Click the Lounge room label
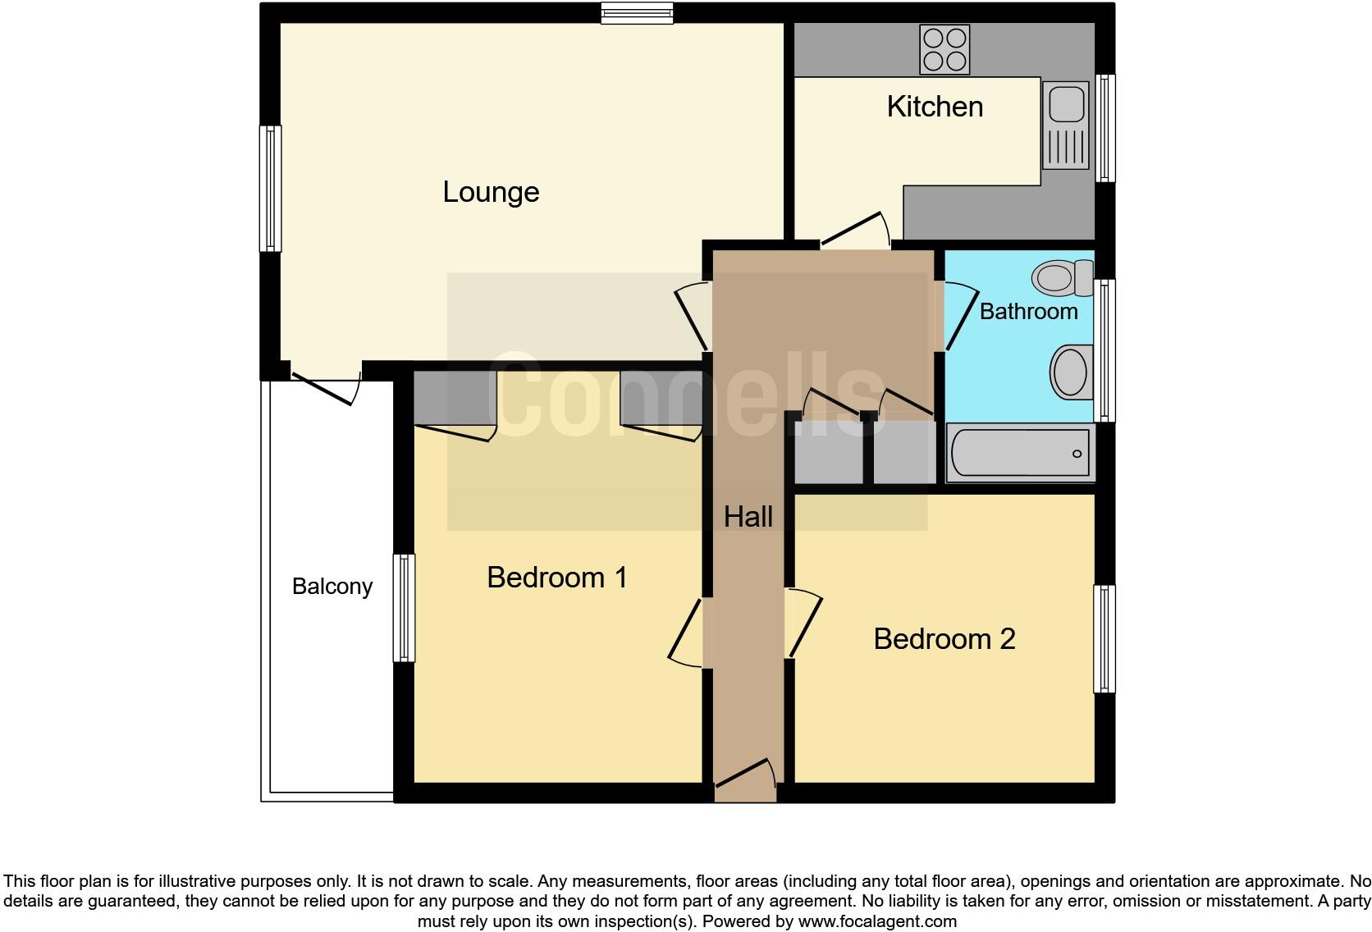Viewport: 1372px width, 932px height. (491, 192)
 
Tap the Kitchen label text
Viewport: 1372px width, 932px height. (935, 107)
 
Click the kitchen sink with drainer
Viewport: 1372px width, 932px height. (1065, 124)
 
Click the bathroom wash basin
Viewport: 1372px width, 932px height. (1071, 372)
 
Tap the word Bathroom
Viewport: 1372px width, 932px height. (1028, 312)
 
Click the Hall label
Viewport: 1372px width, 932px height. (748, 517)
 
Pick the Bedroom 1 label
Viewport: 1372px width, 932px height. (556, 578)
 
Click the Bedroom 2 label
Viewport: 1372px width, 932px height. (944, 639)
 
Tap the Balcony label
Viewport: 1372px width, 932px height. (332, 587)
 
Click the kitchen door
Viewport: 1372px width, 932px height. (855, 229)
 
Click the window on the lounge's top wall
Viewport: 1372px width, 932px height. (637, 13)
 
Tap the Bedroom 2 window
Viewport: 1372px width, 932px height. (1104, 639)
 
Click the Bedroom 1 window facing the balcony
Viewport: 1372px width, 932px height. (404, 608)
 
